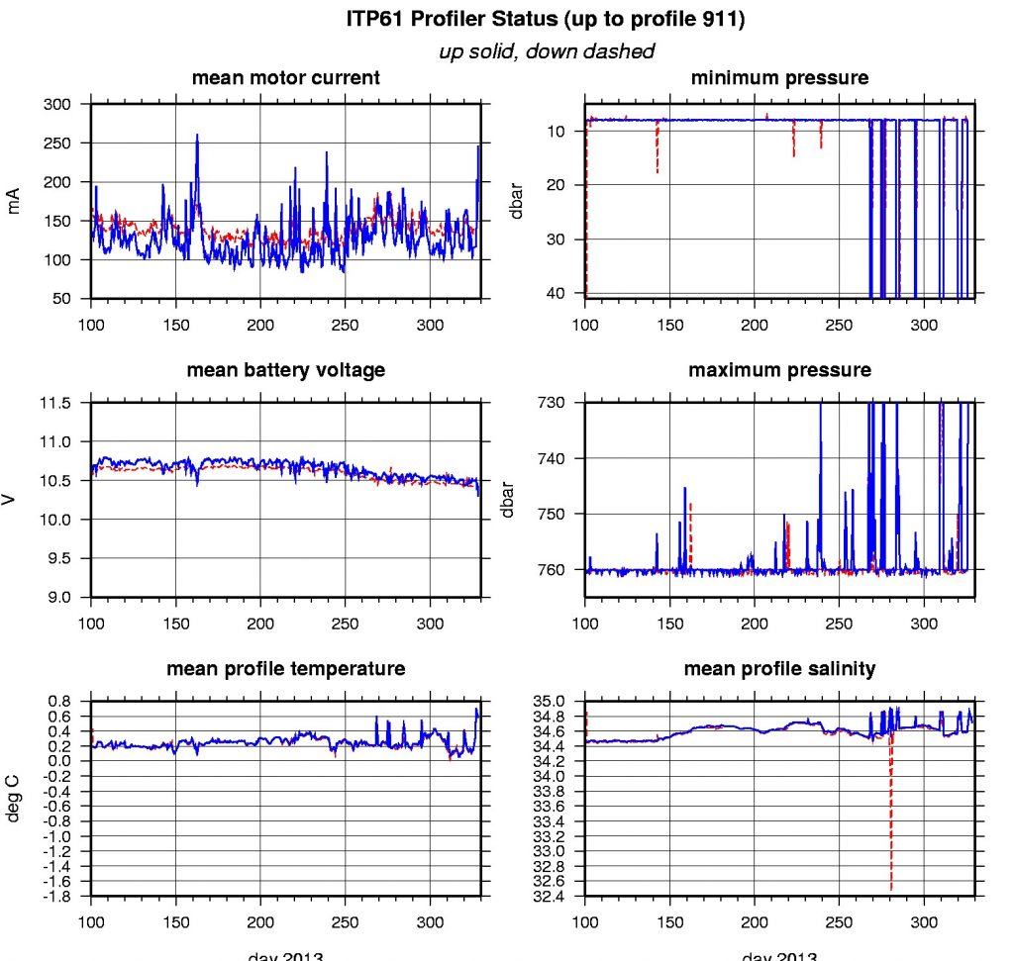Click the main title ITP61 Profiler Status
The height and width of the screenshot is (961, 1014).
click(546, 19)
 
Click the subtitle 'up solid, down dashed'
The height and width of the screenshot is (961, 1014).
click(546, 51)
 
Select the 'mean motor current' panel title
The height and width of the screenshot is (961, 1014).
click(285, 78)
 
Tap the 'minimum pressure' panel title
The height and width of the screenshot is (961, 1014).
click(779, 78)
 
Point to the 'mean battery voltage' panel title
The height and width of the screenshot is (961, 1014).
click(285, 370)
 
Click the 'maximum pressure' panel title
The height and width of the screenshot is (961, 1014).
click(779, 370)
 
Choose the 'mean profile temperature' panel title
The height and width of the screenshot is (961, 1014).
click(285, 669)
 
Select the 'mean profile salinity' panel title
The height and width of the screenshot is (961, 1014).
click(779, 669)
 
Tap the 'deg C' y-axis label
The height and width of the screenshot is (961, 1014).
click(14, 799)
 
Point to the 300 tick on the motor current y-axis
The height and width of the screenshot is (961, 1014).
click(59, 105)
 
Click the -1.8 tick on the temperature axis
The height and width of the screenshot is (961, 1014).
click(57, 897)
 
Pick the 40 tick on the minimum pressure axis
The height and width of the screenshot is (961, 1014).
click(556, 293)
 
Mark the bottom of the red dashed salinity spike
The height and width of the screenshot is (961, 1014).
click(891, 890)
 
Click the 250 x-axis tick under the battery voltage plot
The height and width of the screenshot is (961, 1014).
click(345, 613)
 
